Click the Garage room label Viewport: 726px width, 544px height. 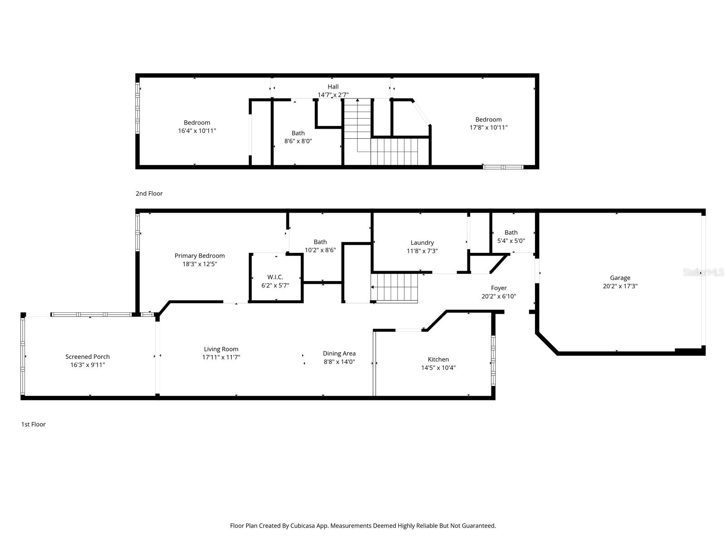coord(620,278)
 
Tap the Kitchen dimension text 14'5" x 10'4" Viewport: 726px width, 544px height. coord(438,368)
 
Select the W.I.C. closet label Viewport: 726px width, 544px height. coord(275,277)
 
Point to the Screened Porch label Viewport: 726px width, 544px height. coord(88,357)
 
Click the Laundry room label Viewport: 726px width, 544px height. coord(422,243)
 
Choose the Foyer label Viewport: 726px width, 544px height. coord(499,288)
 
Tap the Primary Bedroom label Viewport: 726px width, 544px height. coord(200,256)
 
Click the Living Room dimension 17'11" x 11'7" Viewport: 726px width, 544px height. coord(221,357)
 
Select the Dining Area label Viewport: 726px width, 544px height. coord(339,354)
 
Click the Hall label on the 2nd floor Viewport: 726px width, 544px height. coord(333,87)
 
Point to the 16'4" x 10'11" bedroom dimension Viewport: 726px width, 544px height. coord(197,131)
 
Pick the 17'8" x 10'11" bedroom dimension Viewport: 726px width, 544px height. coord(488,127)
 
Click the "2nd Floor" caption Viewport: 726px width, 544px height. coord(149,194)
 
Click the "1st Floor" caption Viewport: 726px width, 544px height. coord(33,424)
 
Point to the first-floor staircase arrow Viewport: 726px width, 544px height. coord(373,287)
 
